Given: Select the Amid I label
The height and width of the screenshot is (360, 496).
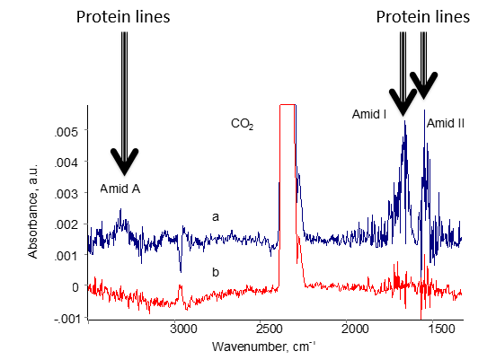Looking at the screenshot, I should click(369, 114).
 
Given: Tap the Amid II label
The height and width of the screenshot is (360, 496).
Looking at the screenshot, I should click(445, 123).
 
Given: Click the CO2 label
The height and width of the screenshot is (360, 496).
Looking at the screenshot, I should click(243, 125).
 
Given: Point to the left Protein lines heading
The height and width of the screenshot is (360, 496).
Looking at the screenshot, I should click(123, 17).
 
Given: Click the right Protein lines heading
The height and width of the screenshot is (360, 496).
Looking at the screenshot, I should click(422, 17).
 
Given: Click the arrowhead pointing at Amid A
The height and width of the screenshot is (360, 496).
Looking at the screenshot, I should click(125, 162).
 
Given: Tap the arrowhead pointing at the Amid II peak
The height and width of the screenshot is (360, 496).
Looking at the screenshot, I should click(423, 87).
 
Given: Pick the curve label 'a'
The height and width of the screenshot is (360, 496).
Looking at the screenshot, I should click(215, 216).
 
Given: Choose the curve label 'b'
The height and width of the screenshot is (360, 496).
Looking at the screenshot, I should click(217, 271).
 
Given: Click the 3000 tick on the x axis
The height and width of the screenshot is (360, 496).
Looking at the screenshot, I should click(182, 329).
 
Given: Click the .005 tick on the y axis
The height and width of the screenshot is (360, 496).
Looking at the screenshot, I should click(69, 131).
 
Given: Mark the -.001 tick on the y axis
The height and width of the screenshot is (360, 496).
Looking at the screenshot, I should click(67, 319).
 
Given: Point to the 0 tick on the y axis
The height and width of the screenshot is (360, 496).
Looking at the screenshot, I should click(75, 287).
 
